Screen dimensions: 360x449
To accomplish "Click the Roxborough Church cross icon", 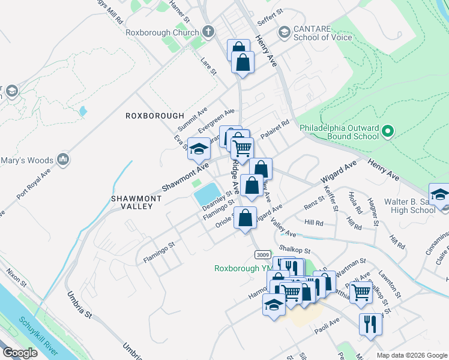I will tap(208, 32).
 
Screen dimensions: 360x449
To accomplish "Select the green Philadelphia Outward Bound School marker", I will tap(388, 131).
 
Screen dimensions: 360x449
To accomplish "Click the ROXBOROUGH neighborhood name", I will tap(154, 115).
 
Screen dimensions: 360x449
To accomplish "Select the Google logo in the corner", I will tap(20, 353).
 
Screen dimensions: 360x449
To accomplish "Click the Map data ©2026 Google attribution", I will tap(412, 355).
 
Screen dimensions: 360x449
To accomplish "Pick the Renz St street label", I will tap(314, 205).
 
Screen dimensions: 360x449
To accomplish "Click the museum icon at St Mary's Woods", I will tap(63, 159).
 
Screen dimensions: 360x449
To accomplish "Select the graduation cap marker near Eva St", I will tap(199, 149).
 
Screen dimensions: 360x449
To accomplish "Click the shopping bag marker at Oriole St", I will tap(246, 218).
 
